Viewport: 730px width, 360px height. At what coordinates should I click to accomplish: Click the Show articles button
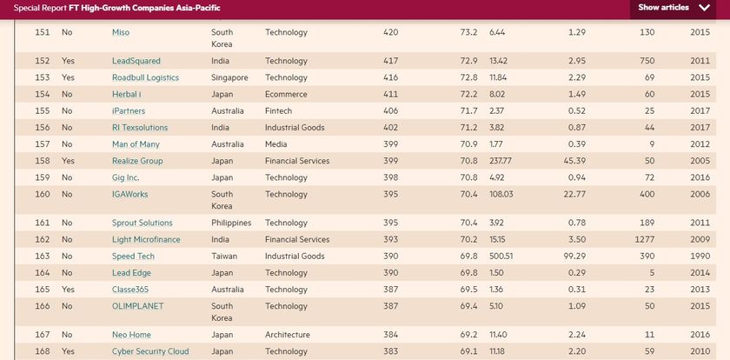coord(674,8)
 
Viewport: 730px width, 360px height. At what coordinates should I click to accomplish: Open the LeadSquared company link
coord(137,62)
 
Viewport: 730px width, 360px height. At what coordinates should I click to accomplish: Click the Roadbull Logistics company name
coord(145,78)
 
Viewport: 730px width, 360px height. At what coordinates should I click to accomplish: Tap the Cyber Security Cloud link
coord(151,351)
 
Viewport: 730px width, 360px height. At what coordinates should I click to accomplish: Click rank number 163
coord(43,257)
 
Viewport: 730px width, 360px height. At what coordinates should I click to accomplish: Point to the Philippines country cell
coord(231,223)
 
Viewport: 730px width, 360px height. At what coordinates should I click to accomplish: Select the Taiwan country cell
coord(224,257)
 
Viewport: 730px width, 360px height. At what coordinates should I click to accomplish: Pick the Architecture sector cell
coord(287,335)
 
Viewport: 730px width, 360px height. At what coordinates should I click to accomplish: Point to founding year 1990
coord(700,257)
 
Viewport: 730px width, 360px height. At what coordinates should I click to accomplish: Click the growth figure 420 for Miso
coord(390,33)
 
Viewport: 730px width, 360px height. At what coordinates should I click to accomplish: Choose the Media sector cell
coord(277,144)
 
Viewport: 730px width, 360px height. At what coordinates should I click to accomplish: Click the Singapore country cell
coord(229,78)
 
